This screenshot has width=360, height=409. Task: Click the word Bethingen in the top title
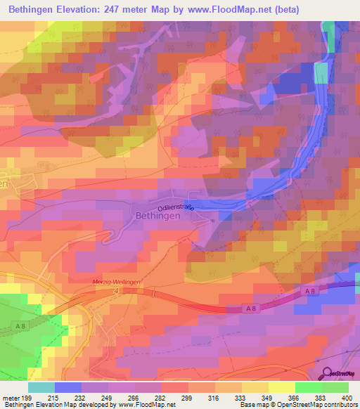click(x=34, y=10)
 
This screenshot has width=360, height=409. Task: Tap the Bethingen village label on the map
click(x=158, y=216)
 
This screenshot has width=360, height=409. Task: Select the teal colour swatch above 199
click(x=41, y=387)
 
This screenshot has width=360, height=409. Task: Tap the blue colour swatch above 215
click(x=67, y=387)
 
